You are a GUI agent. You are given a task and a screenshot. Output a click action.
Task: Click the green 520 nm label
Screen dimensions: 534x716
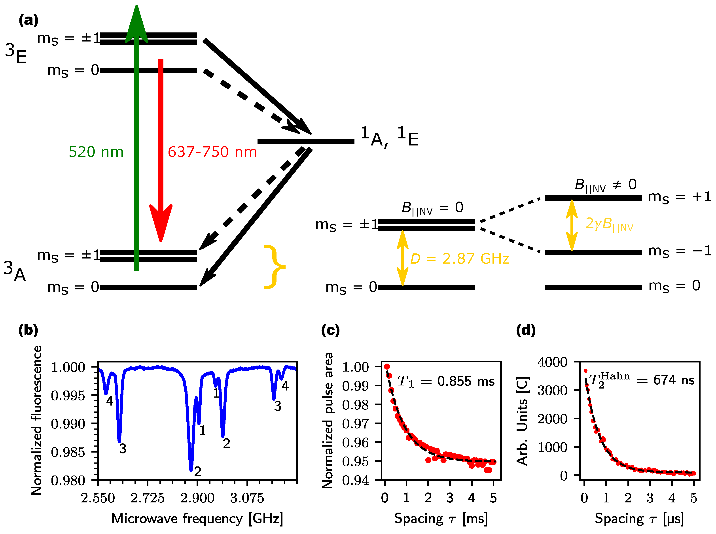96,152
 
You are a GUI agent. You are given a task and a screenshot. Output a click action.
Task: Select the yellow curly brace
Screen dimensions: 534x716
274,267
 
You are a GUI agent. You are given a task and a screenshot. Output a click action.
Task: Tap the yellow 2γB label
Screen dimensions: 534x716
609,224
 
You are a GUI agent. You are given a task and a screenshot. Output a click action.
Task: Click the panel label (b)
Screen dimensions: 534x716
28,330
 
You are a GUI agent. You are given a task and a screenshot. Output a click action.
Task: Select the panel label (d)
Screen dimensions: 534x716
526,330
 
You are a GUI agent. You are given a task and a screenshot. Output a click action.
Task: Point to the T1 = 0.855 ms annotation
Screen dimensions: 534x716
446,381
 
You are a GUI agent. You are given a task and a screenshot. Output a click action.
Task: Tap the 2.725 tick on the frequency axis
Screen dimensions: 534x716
148,498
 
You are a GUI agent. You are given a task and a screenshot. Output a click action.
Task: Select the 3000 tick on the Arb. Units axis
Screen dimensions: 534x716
552,391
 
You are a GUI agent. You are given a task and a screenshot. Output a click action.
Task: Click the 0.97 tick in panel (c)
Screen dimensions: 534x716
355,423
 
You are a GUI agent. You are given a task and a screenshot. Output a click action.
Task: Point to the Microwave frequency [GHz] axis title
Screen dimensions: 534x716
197,519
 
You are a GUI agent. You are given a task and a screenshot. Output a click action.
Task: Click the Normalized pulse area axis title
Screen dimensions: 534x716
328,420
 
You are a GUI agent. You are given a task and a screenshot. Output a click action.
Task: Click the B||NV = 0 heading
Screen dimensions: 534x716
432,208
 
